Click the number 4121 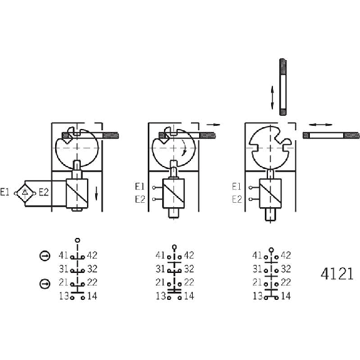(x=337, y=274)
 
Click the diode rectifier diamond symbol (x=25, y=193)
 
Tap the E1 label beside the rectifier (x=4, y=192)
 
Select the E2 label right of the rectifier (x=44, y=192)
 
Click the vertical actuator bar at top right (x=283, y=87)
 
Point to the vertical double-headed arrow (x=272, y=98)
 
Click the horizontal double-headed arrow (x=321, y=125)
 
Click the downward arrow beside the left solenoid (x=96, y=193)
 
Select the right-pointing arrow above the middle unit (x=213, y=125)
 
